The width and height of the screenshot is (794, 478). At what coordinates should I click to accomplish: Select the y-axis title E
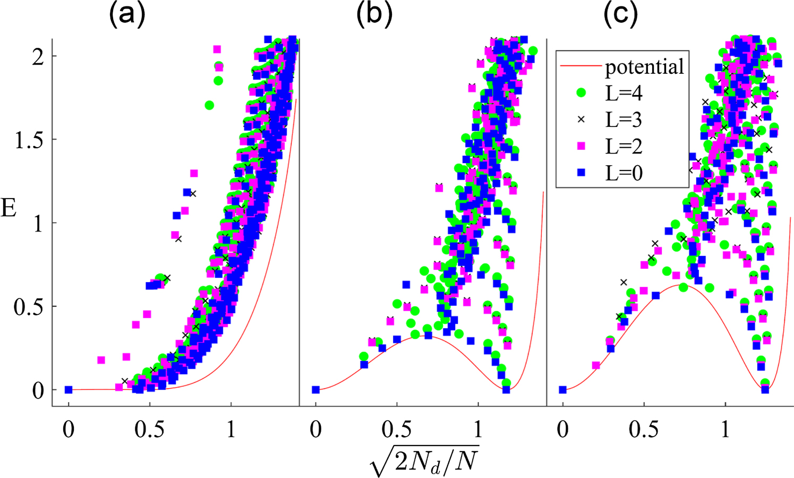tap(9, 208)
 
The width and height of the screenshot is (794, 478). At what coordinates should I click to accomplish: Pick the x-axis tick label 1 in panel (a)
tap(230, 429)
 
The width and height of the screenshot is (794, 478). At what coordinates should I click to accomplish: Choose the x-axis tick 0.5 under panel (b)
tap(397, 429)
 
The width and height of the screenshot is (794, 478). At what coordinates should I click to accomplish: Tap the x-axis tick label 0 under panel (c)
tap(563, 429)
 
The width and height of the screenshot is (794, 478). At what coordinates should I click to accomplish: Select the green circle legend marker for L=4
tap(581, 93)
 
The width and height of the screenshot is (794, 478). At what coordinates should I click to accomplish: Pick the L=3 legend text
tap(624, 120)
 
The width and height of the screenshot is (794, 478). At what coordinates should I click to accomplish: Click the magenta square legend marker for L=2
tap(581, 146)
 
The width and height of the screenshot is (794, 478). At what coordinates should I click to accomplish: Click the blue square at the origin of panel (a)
tap(69, 390)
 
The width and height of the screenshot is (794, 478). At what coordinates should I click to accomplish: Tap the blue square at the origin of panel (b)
tap(315, 390)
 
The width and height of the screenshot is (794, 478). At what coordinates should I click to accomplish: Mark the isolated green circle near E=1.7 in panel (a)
tap(209, 105)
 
